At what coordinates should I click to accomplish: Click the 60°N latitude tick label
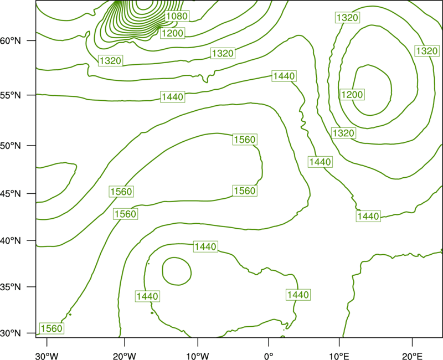pyautogui.click(x=11, y=41)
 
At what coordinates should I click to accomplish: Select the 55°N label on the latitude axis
pyautogui.click(x=11, y=95)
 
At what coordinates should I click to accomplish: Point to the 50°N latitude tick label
pyautogui.click(x=11, y=146)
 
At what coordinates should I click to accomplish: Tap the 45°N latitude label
pyautogui.click(x=11, y=193)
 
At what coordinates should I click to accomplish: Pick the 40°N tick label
pyautogui.click(x=11, y=241)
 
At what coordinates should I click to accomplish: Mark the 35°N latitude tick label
pyautogui.click(x=11, y=287)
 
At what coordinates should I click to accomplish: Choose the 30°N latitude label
pyautogui.click(x=11, y=333)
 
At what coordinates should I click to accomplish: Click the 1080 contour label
pyautogui.click(x=177, y=16)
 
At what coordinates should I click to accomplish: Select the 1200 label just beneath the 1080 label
pyautogui.click(x=173, y=33)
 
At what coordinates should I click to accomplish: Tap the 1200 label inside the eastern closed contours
pyautogui.click(x=352, y=94)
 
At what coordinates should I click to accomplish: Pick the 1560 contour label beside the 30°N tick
pyautogui.click(x=51, y=328)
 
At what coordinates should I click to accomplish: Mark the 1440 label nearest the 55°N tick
pyautogui.click(x=173, y=97)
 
